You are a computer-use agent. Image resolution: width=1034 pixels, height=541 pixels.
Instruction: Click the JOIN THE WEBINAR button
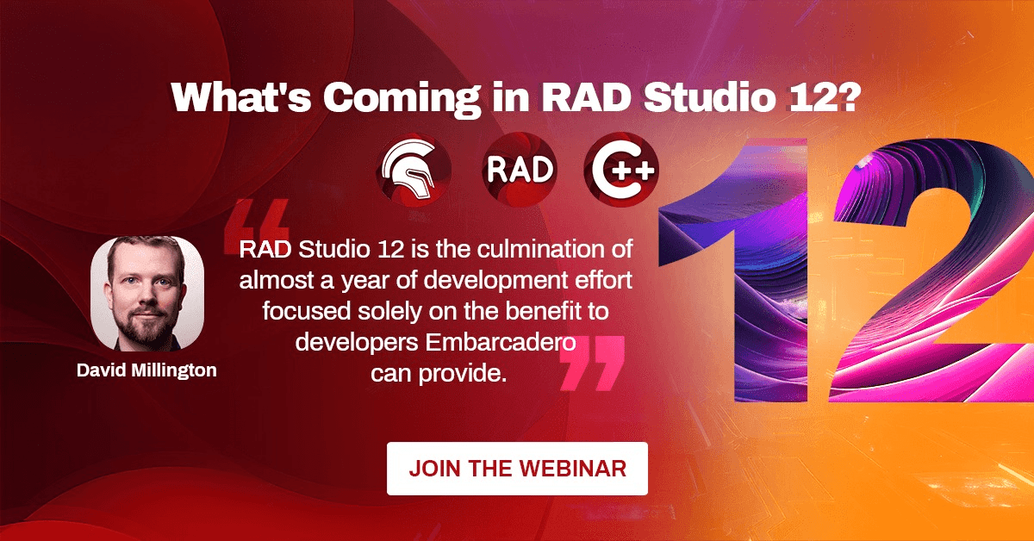pyautogui.click(x=517, y=469)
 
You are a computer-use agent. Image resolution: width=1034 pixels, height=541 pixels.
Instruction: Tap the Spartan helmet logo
pyautogui.click(x=414, y=170)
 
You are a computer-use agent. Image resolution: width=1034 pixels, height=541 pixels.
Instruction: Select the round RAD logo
pyautogui.click(x=520, y=170)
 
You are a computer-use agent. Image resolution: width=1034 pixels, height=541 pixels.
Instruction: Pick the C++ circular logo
pyautogui.click(x=621, y=170)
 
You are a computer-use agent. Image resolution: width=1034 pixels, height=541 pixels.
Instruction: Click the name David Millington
pyautogui.click(x=146, y=370)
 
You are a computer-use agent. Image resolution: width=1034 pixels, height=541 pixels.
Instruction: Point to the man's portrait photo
pyautogui.click(x=147, y=294)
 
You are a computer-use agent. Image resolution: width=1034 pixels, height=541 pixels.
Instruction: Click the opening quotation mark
pyautogui.click(x=257, y=227)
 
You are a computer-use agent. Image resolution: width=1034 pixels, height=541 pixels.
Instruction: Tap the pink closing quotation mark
pyautogui.click(x=592, y=364)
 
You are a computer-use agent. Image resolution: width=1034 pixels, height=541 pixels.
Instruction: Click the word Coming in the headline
pyautogui.click(x=402, y=99)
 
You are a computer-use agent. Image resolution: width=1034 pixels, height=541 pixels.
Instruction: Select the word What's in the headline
pyautogui.click(x=241, y=97)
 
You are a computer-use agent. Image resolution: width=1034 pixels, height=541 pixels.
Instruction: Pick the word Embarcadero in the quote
pyautogui.click(x=501, y=343)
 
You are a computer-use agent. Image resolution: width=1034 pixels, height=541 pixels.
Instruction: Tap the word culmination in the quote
pyautogui.click(x=539, y=249)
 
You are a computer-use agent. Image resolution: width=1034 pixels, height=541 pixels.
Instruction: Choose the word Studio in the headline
pyautogui.click(x=709, y=97)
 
